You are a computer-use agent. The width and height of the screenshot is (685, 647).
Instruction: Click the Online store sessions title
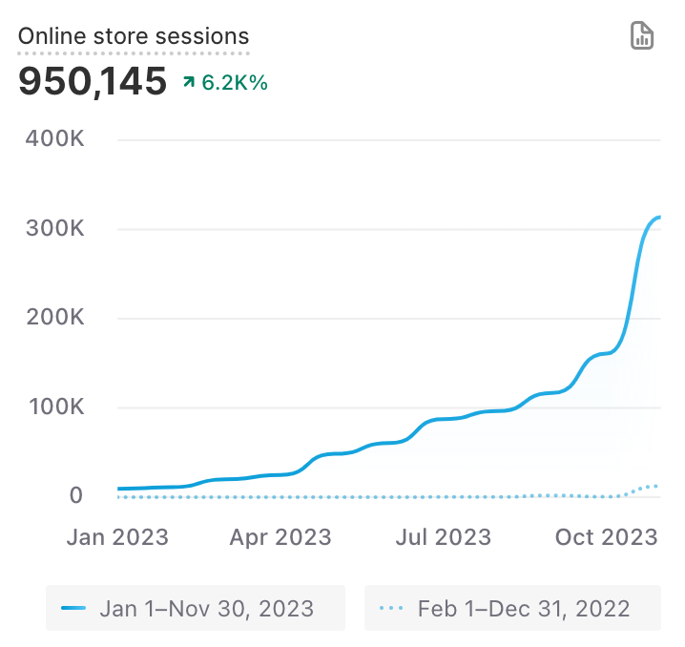pyautogui.click(x=134, y=37)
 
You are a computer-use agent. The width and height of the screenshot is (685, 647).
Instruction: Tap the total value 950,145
pyautogui.click(x=93, y=82)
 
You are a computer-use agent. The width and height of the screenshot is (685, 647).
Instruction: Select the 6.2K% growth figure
pyautogui.click(x=235, y=83)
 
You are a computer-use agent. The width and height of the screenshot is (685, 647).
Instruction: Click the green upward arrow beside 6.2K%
pyautogui.click(x=189, y=83)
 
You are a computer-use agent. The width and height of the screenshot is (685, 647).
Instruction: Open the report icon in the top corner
pyautogui.click(x=642, y=36)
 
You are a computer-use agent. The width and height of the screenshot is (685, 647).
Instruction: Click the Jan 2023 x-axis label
pyautogui.click(x=117, y=537)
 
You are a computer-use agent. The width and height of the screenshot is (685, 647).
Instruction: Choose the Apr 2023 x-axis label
pyautogui.click(x=280, y=537)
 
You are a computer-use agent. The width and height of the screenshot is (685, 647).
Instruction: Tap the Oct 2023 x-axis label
pyautogui.click(x=607, y=537)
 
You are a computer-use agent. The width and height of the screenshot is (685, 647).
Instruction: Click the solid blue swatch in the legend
pyautogui.click(x=73, y=608)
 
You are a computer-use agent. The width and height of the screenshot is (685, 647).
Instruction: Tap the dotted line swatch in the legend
pyautogui.click(x=391, y=608)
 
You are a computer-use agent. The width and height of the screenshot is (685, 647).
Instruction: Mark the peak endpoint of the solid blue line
pyautogui.click(x=659, y=218)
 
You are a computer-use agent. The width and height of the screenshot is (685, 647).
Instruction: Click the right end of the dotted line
pyautogui.click(x=658, y=486)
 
